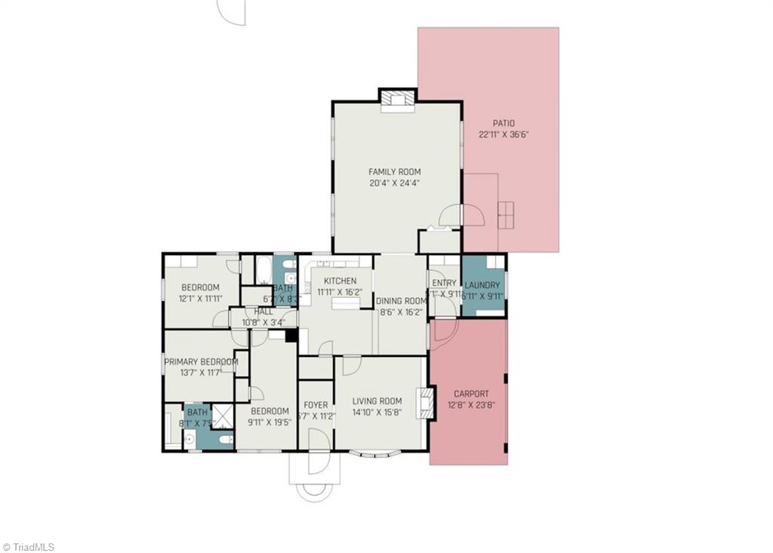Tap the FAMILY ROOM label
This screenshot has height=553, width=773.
click(394, 172)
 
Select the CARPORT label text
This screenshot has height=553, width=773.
click(471, 394)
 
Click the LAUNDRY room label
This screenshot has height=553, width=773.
click(482, 285)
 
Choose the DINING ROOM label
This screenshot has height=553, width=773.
click(401, 300)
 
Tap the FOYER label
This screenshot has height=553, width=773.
click(316, 405)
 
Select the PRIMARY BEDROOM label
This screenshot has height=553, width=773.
click(201, 361)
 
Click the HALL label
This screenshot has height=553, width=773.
click(263, 311)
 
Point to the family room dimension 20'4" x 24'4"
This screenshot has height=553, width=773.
click(394, 183)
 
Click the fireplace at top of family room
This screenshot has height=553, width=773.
click(397, 100)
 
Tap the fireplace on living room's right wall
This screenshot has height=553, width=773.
click(428, 403)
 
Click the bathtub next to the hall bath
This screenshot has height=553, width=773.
click(263, 269)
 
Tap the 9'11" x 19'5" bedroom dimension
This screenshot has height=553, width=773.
click(269, 422)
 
